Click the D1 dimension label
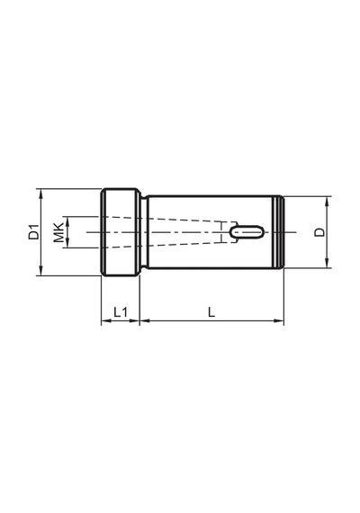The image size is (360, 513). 33,232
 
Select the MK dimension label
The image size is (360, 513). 58,232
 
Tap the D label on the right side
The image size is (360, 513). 319,232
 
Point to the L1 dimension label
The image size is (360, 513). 120,312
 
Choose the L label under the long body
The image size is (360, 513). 211,312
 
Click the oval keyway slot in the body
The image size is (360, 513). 247,232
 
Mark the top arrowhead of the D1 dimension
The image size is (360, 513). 40,193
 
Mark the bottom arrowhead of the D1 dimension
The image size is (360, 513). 40,271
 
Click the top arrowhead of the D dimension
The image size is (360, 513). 327,202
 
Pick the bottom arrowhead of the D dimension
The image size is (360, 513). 327,263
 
